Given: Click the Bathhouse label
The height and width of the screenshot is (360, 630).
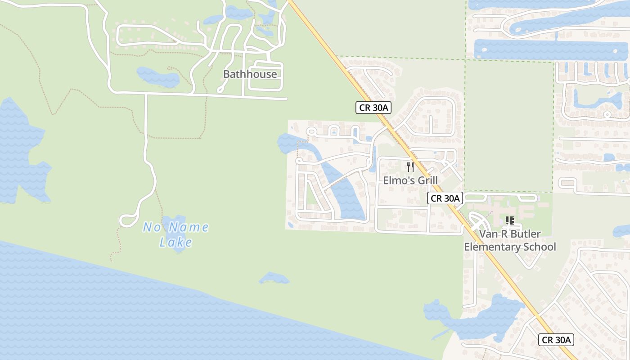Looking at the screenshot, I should [250, 74].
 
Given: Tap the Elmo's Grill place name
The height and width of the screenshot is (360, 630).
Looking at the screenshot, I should [410, 180].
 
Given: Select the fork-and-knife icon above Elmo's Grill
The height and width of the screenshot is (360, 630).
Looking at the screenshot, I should [410, 167].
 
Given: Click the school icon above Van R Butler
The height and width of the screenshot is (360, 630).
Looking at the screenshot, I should [510, 220].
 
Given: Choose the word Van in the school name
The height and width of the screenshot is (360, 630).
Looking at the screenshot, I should [488, 234].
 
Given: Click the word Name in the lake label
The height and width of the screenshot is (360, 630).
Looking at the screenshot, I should [191, 227].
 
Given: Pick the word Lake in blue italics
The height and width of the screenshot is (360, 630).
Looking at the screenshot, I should [175, 243].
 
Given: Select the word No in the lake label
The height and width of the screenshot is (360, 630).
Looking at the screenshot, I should [152, 227].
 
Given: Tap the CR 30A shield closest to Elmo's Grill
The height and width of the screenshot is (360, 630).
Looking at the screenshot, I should [445, 198].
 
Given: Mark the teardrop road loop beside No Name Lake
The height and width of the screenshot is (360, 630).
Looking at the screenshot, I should [128, 221].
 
